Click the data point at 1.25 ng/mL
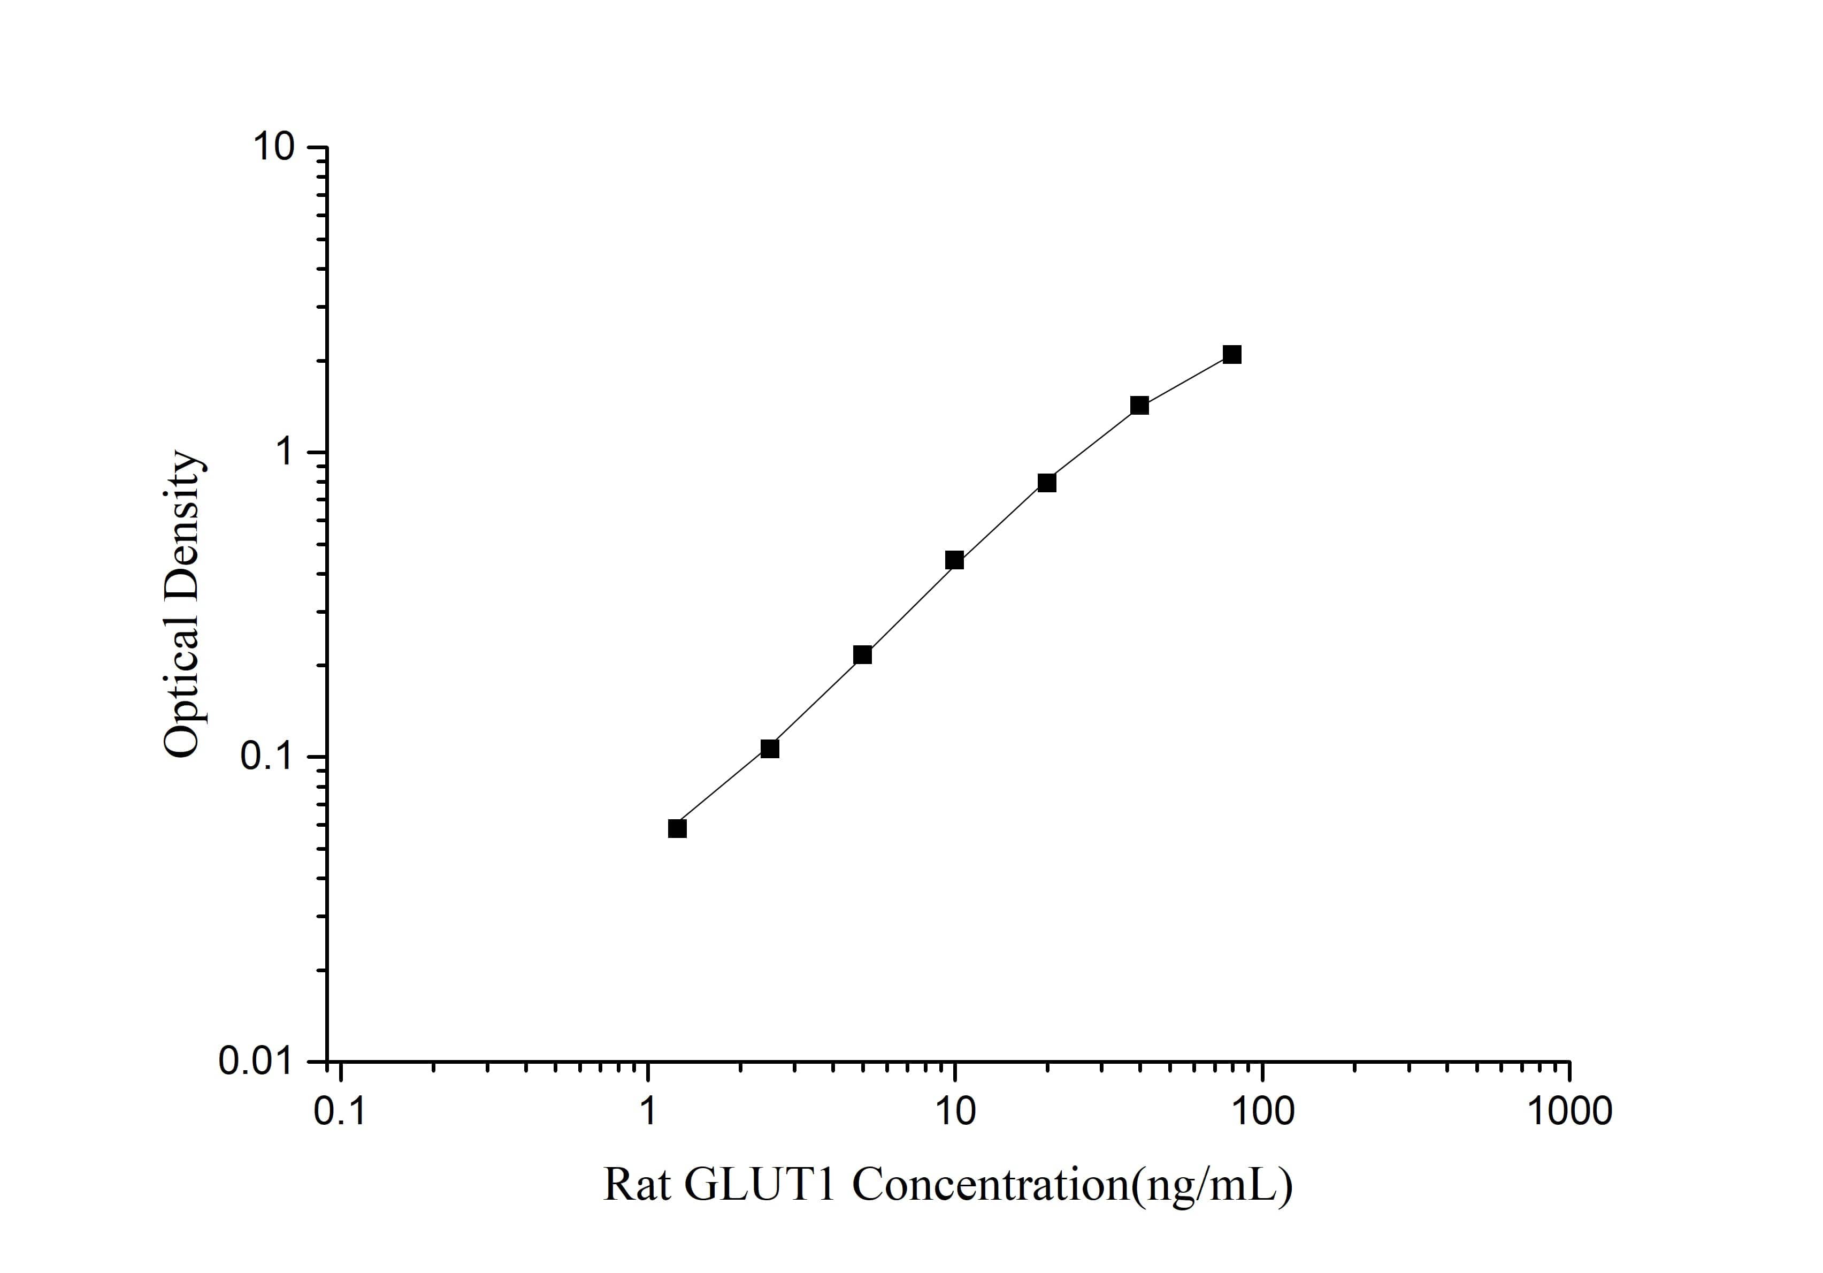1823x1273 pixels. tap(677, 828)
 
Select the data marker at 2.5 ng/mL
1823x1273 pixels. tap(769, 748)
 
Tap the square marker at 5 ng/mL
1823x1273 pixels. tap(862, 654)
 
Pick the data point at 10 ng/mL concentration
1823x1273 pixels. tap(954, 560)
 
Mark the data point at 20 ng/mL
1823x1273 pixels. tap(1046, 482)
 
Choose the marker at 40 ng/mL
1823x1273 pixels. tap(1139, 405)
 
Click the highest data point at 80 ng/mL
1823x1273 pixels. tap(1231, 354)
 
